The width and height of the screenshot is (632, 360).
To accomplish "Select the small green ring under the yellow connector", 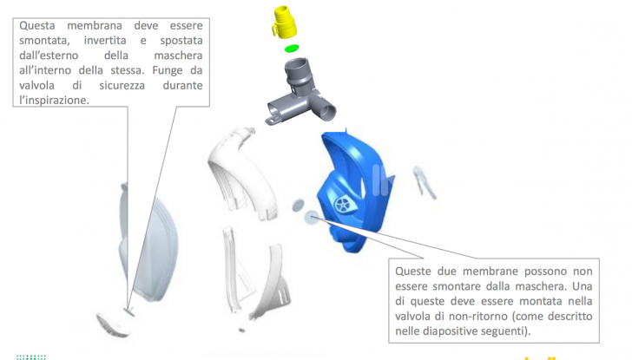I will [292, 48].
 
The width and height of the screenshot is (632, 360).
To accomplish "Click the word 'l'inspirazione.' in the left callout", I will [53, 101].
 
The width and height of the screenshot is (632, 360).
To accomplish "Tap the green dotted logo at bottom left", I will [31, 356].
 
